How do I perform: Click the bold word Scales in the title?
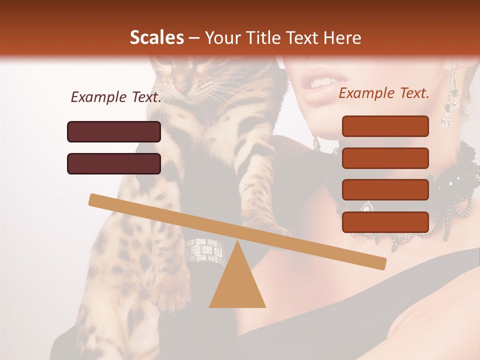(x=156, y=37)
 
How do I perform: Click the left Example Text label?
(x=116, y=97)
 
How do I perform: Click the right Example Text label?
(x=384, y=93)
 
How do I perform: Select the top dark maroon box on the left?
(x=114, y=131)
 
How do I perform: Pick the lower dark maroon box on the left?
(x=114, y=163)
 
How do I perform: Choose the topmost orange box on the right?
(x=385, y=126)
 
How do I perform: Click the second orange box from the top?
(x=385, y=158)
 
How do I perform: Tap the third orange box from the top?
(x=385, y=189)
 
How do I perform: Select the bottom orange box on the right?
(x=385, y=221)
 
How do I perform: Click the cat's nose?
(x=180, y=87)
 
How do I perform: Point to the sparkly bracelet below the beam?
(x=204, y=250)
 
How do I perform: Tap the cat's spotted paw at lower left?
(x=170, y=295)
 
